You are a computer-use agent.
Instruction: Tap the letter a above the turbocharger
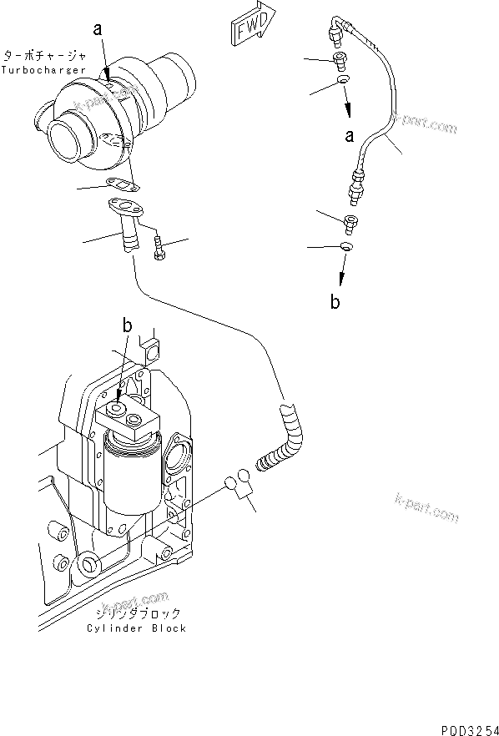coord(98,28)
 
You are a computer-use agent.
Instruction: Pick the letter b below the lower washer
coord(335,302)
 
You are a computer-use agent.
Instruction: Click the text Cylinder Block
coord(138,628)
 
